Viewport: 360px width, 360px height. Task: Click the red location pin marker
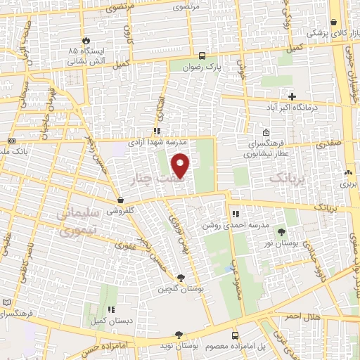(181, 166)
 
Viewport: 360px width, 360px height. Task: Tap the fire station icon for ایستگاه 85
(86, 41)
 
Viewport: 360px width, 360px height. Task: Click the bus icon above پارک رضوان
(202, 55)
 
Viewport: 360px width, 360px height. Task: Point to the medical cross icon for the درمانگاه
(292, 96)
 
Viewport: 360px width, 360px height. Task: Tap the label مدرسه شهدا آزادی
(155, 141)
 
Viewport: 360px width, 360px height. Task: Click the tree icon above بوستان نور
(282, 232)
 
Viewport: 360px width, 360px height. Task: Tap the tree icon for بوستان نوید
(179, 335)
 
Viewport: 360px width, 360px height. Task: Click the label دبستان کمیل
(110, 320)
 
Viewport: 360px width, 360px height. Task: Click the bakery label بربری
(349, 183)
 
